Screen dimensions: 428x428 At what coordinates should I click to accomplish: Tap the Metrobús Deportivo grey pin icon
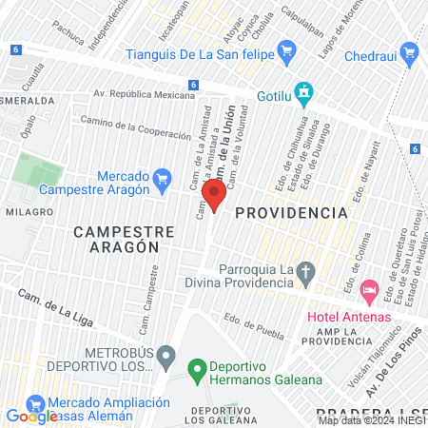165,358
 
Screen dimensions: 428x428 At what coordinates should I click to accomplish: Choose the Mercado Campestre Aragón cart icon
162,178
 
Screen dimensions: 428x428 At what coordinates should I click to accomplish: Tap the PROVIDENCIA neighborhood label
289,212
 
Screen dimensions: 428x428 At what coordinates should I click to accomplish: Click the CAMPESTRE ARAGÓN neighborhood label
124,238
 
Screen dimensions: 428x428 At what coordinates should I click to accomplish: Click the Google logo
32,416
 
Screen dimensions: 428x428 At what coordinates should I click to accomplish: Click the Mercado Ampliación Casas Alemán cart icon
35,402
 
